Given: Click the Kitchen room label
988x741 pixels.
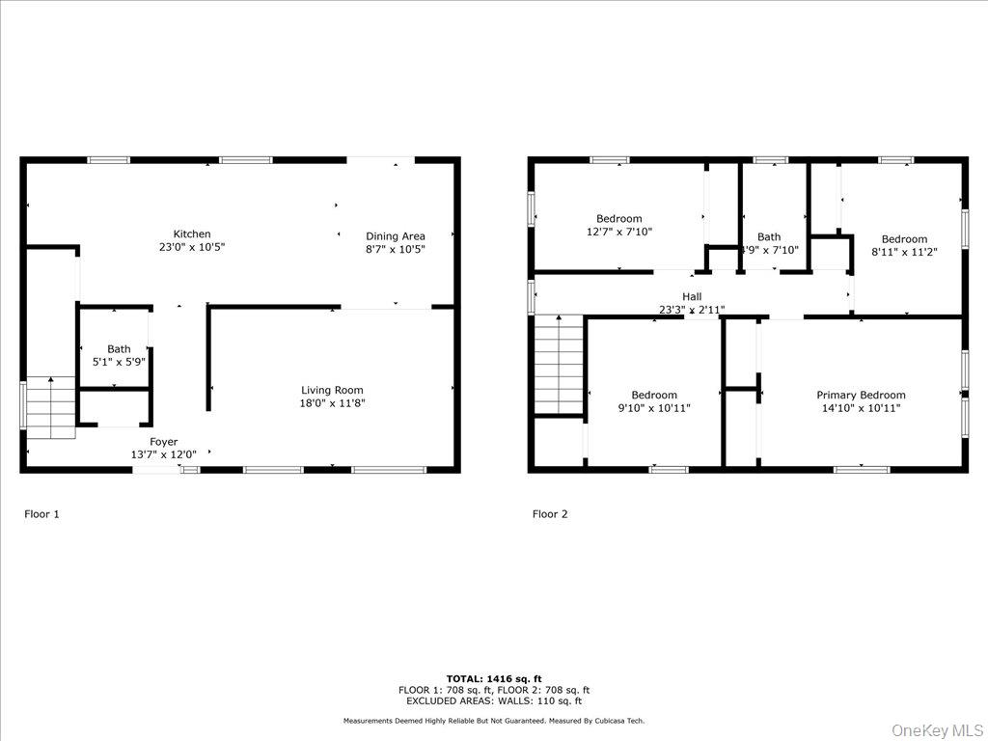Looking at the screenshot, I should coord(191,234).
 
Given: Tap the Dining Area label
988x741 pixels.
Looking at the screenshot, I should coord(395,236).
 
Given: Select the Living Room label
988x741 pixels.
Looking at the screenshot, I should coord(332,391).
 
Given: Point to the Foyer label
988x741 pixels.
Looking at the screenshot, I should coord(163,442).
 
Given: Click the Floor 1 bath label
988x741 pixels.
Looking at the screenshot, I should coord(119,349).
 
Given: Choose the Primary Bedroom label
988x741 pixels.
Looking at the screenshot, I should coord(861,395).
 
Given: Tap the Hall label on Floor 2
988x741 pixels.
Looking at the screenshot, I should coord(692,297).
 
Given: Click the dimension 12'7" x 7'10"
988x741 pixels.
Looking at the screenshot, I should coord(619,232).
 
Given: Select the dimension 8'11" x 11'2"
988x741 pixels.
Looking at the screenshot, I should coord(904,252).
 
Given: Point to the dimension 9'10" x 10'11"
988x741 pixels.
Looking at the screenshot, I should coord(654,408).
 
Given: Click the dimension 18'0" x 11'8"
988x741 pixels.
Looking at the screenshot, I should coord(332,403).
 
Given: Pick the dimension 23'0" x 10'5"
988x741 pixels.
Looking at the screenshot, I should coord(191,248).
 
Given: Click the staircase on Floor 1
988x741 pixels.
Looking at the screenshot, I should coord(50,406).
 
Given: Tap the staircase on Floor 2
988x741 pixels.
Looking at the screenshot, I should coord(560,365).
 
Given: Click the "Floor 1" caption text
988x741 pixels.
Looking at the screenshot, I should coord(41,514).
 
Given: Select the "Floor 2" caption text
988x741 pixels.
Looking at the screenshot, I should coord(550,514).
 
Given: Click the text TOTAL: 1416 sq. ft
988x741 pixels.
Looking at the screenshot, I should coord(494,679).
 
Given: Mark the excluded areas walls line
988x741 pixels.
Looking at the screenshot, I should coord(494,701).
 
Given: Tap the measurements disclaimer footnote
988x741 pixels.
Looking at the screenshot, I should coord(494,721).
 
